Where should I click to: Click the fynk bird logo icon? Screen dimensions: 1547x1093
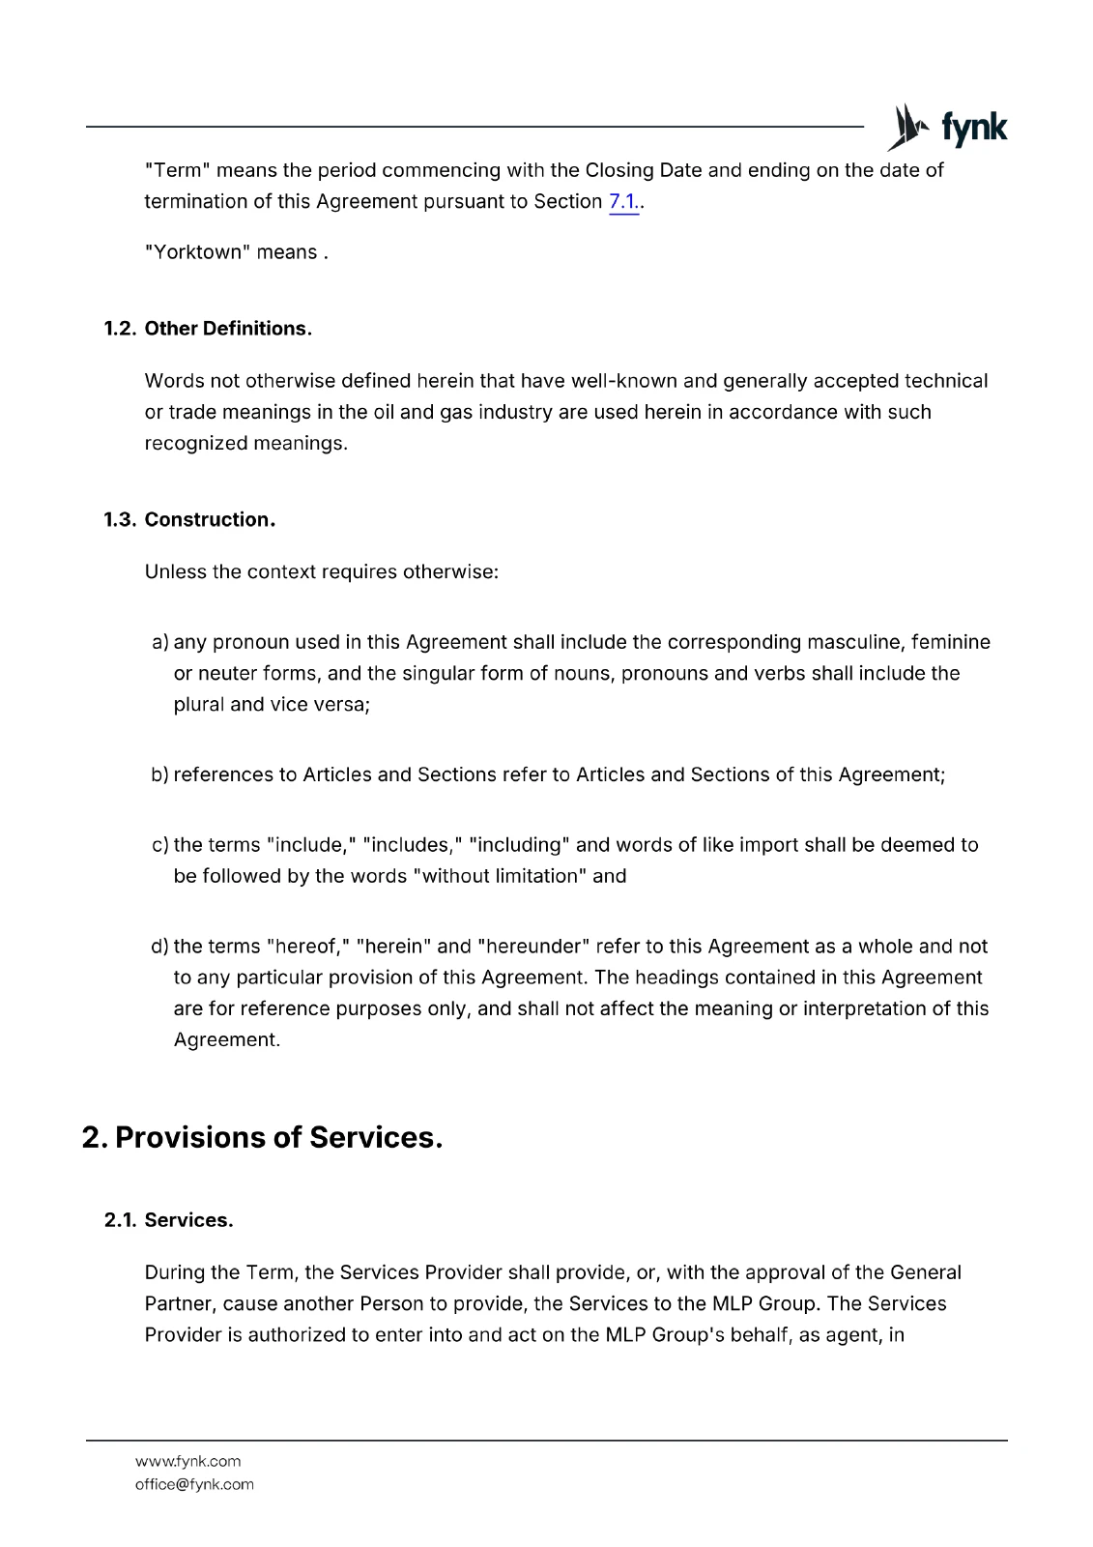pyautogui.click(x=908, y=128)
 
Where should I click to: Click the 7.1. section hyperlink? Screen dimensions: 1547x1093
pyautogui.click(x=623, y=201)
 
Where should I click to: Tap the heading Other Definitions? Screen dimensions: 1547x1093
pyautogui.click(x=228, y=329)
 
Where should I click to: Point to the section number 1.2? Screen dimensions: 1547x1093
pyautogui.click(x=120, y=329)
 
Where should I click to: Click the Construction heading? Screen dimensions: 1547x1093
pyautogui.click(x=210, y=520)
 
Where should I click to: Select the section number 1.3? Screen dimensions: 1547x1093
pyautogui.click(x=120, y=520)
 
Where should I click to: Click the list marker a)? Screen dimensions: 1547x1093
pyautogui.click(x=160, y=643)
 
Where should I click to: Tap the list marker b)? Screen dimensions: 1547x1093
pyautogui.click(x=160, y=775)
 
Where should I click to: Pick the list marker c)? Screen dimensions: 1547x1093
pyautogui.click(x=160, y=846)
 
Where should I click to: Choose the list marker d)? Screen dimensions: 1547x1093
pyautogui.click(x=160, y=947)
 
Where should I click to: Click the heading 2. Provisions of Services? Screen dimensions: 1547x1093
pyautogui.click(x=263, y=1137)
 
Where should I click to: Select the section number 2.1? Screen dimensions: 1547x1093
pyautogui.click(x=120, y=1220)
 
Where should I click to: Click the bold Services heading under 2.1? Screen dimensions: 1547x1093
pyautogui.click(x=188, y=1220)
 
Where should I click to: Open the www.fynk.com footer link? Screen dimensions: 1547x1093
pyautogui.click(x=187, y=1461)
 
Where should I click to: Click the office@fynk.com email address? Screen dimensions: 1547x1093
pyautogui.click(x=194, y=1484)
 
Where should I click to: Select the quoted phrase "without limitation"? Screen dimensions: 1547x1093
pyautogui.click(x=499, y=877)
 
